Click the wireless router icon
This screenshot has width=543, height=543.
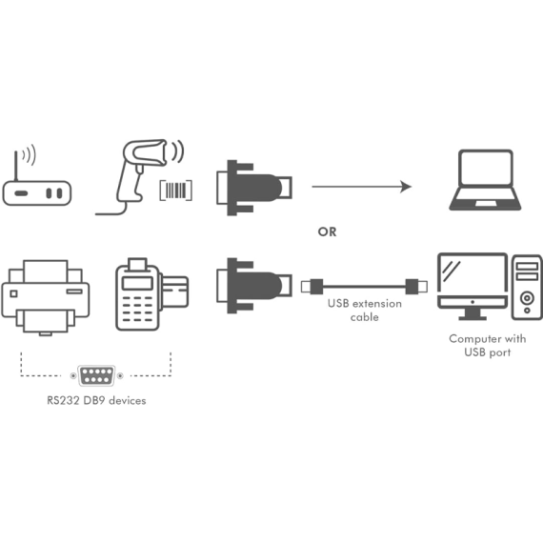[x=37, y=192]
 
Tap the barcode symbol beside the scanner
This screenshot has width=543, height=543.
[x=176, y=190]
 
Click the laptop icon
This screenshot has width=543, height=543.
[x=485, y=180]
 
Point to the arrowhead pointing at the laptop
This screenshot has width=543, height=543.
[x=406, y=187]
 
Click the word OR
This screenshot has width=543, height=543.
[x=327, y=231]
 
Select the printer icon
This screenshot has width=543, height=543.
[x=46, y=297]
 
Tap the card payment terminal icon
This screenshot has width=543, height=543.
[x=151, y=294]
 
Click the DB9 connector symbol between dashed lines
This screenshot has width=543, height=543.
[x=96, y=375]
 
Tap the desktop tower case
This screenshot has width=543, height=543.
[x=527, y=287]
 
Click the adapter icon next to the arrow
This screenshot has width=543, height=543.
[x=254, y=188]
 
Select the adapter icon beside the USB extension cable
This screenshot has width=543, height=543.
[x=254, y=286]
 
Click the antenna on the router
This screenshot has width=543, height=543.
[x=15, y=166]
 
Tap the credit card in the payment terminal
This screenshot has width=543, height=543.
[x=175, y=292]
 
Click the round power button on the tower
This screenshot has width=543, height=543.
[x=527, y=297]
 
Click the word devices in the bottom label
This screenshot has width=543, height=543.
[x=127, y=400]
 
